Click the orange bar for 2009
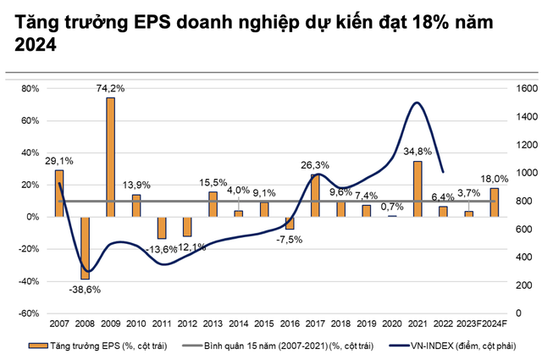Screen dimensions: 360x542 pyautogui.click(x=110, y=157)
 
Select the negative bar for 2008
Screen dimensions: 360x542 pyautogui.click(x=85, y=247)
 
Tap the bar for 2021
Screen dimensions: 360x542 pyautogui.click(x=417, y=189)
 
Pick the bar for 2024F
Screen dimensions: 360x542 pyautogui.click(x=494, y=202)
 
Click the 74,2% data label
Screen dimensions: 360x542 pyautogui.click(x=110, y=88)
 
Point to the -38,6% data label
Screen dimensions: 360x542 pyautogui.click(x=85, y=289)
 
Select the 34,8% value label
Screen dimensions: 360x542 pyautogui.click(x=417, y=152)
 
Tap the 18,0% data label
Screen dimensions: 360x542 pyautogui.click(x=495, y=179)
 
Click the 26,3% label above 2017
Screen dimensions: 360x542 pyautogui.click(x=315, y=165)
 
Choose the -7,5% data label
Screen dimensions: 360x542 pyautogui.click(x=289, y=238)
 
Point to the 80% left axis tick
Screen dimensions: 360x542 pyautogui.click(x=30, y=88)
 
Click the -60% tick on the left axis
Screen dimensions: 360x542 pyautogui.click(x=29, y=313)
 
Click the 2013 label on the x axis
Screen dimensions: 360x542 pyautogui.click(x=213, y=324)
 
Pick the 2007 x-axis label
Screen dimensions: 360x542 pyautogui.click(x=59, y=324)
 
